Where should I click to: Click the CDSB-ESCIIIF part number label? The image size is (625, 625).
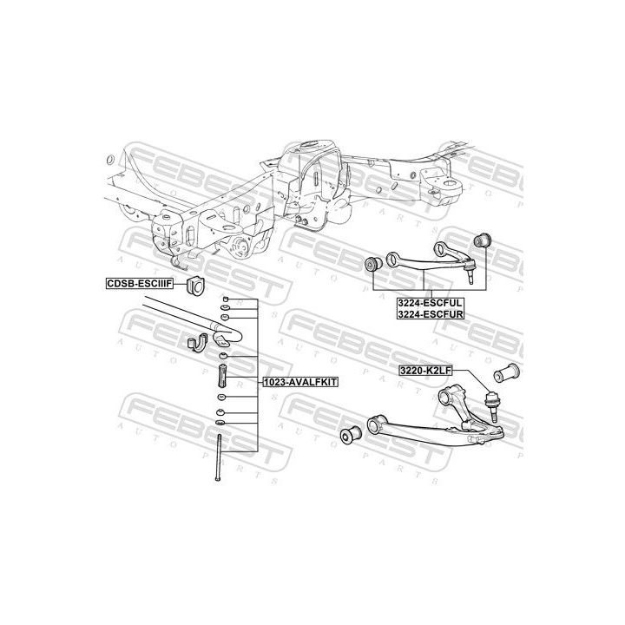[140, 283]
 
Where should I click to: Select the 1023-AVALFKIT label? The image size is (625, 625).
[300, 382]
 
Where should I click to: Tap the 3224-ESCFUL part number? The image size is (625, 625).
[431, 303]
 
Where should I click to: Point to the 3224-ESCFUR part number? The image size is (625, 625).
[431, 314]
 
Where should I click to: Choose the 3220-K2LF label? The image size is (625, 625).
[425, 371]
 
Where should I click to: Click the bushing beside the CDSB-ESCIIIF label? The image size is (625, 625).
[195, 285]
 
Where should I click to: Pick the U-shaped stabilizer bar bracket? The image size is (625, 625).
[197, 343]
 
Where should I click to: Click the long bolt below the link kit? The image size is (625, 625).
[218, 457]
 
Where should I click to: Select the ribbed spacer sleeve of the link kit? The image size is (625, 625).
[222, 376]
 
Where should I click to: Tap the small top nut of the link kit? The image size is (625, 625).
[225, 299]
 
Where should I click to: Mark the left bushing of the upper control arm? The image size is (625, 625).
[374, 264]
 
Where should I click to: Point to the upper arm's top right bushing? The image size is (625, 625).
[483, 240]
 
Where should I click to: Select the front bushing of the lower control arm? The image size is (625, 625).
[351, 435]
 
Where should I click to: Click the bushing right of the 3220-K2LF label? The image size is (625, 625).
[507, 372]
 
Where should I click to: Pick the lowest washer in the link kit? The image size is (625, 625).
[220, 423]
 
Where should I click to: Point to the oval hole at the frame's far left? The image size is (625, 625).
[111, 160]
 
